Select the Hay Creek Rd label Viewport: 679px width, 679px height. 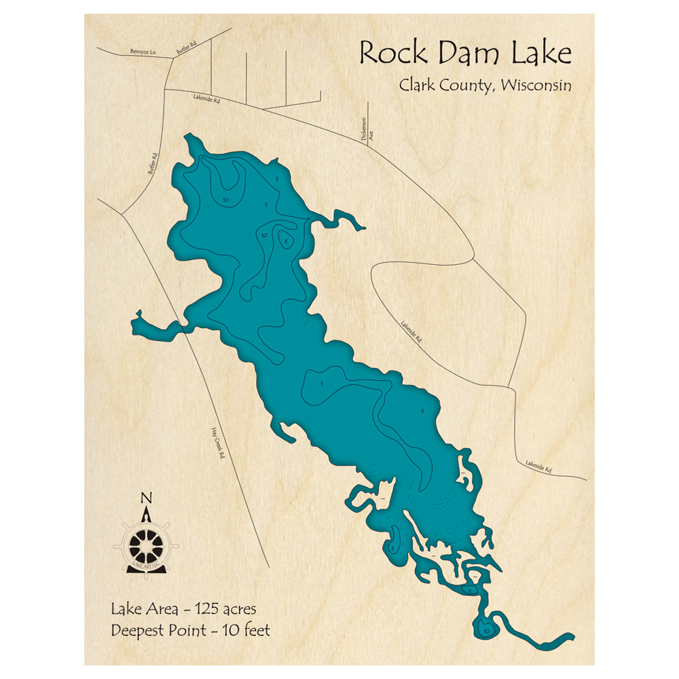217,444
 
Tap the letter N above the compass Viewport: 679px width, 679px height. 145,498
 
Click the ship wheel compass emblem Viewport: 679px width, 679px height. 145,543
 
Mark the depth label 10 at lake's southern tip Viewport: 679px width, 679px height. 486,631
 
